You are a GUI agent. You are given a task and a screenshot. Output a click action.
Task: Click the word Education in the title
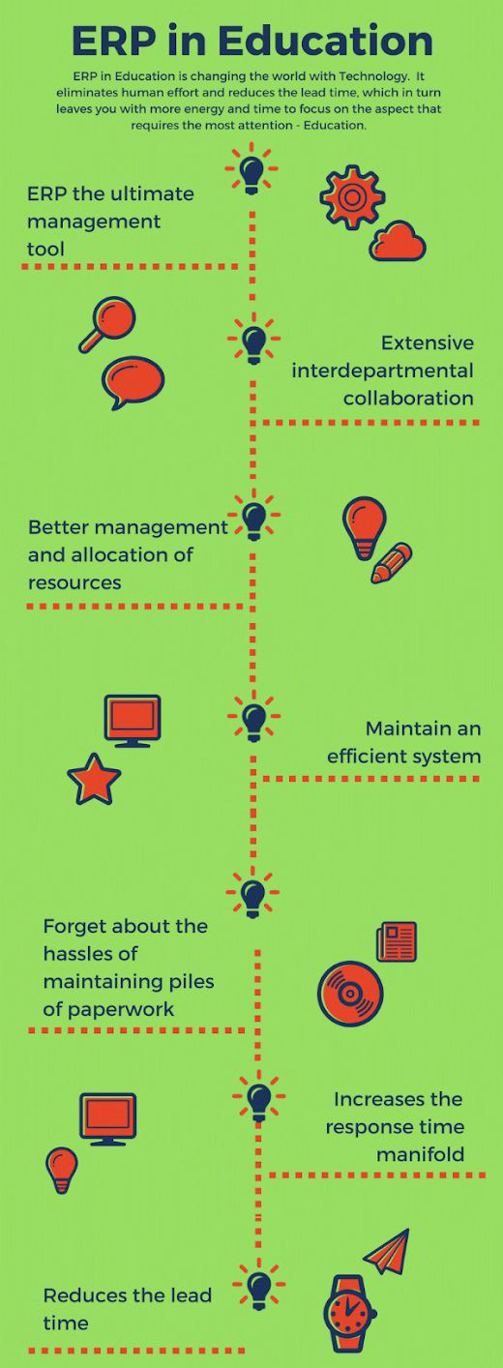pos(325,41)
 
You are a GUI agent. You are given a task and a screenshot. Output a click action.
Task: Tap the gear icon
pos(352,197)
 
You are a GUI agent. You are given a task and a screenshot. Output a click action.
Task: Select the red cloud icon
pos(398,241)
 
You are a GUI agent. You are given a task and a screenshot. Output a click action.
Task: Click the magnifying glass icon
pos(107,324)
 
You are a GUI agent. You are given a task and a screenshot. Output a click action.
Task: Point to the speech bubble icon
pos(133,382)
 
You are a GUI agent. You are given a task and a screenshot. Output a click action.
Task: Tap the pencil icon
pos(392,563)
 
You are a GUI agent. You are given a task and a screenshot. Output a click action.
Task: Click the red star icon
pos(94,779)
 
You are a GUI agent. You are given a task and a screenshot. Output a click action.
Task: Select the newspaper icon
pos(397,941)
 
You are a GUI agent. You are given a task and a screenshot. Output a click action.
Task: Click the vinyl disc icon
pos(350,994)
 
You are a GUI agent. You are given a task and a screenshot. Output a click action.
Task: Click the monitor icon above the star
pos(133,721)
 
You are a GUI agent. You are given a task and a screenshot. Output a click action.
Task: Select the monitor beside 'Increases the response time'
pos(108,1119)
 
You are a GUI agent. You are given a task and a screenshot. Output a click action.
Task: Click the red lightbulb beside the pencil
pos(365,527)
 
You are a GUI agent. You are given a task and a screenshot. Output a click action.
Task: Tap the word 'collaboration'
pos(408,399)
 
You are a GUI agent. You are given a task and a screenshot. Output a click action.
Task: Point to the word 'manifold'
pos(420,1155)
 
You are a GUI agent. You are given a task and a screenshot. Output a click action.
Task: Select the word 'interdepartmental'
pos(383,371)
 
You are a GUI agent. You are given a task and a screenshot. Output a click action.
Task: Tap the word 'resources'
pos(74,582)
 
